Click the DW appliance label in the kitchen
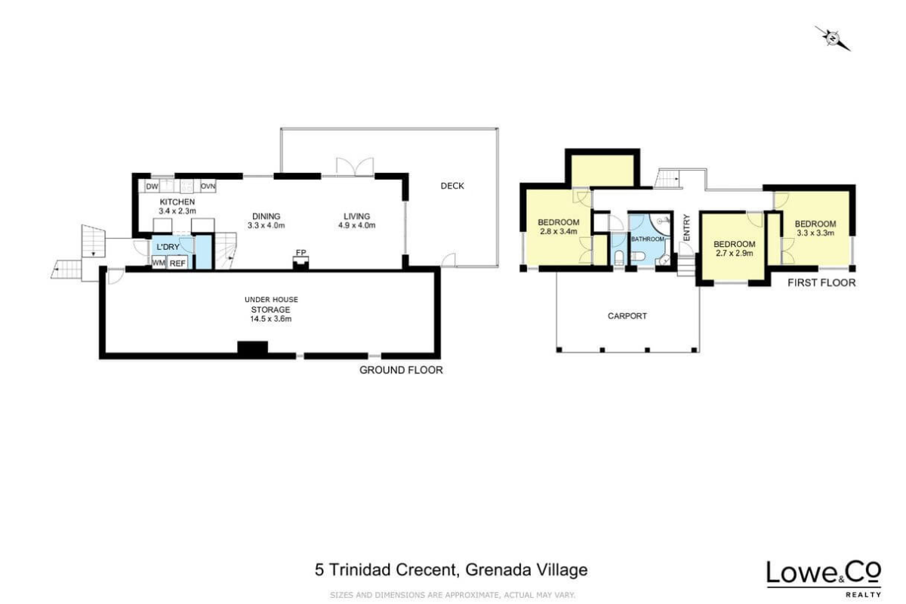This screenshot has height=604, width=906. click(152, 186)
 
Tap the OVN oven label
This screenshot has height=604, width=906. click(208, 186)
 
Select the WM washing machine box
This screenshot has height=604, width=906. click(159, 263)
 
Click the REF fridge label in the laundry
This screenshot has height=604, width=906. click(177, 263)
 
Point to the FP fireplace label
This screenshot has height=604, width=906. click(300, 252)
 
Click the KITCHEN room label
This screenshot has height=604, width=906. click(177, 202)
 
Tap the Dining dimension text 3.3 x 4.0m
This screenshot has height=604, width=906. click(266, 225)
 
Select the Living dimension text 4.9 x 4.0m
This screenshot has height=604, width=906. click(356, 225)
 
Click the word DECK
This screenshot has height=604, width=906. click(452, 186)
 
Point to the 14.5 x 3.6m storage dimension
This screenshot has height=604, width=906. click(270, 319)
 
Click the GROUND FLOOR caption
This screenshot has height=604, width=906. click(401, 370)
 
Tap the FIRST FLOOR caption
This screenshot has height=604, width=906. click(821, 283)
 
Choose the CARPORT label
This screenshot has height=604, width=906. click(627, 316)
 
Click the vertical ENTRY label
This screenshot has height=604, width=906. click(686, 228)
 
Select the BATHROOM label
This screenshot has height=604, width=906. click(648, 239)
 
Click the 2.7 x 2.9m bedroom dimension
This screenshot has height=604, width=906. click(735, 253)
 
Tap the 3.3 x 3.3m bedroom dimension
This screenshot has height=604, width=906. click(815, 233)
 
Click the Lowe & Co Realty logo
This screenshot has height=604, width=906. click(824, 579)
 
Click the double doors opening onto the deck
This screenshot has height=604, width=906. click(355, 167)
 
